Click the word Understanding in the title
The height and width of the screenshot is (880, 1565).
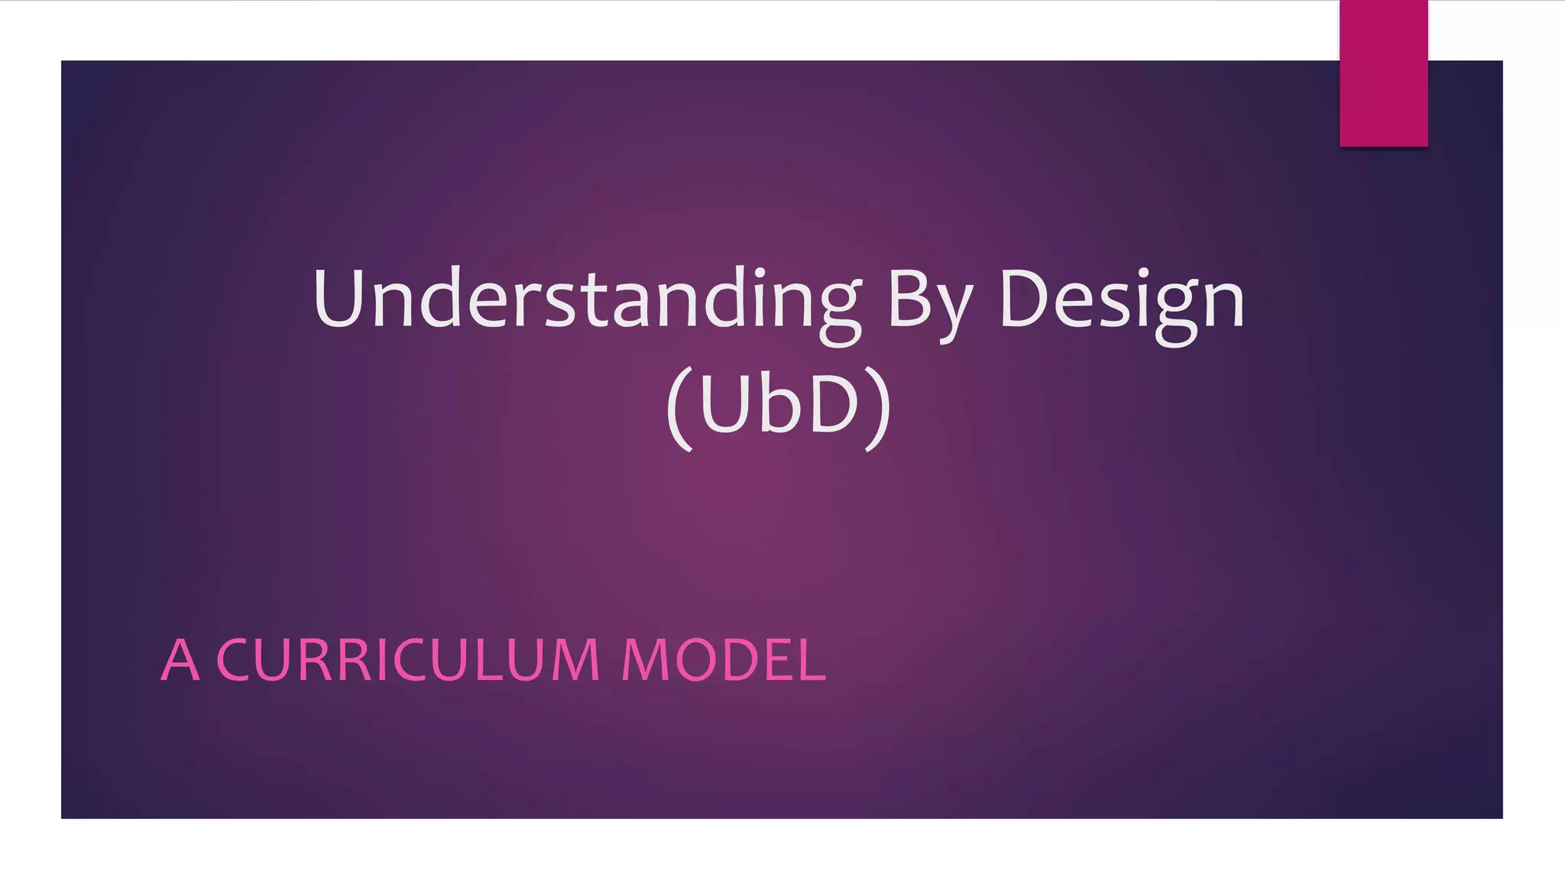click(x=587, y=299)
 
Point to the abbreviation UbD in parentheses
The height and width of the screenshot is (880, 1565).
click(x=779, y=404)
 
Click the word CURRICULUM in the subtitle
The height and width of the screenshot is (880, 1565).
click(x=409, y=660)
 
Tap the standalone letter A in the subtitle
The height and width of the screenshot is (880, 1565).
click(x=180, y=660)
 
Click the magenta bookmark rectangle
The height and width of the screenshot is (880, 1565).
click(x=1383, y=73)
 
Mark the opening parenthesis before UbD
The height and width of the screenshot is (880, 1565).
click(x=679, y=409)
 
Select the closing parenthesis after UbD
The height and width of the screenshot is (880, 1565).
click(x=879, y=409)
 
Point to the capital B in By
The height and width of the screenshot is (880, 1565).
click(x=909, y=299)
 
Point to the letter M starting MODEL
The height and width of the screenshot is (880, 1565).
click(x=644, y=660)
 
